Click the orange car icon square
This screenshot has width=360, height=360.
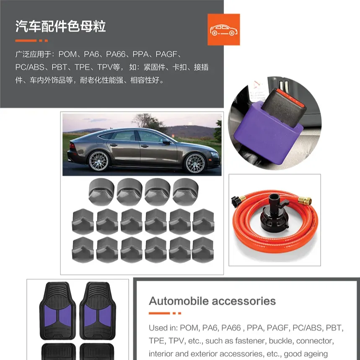pyautogui.click(x=224, y=29)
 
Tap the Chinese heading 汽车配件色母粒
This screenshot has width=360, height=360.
pyautogui.click(x=61, y=26)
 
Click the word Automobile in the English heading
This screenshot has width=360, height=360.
pyautogui.click(x=179, y=301)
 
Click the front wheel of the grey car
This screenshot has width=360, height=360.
pyautogui.click(x=195, y=163)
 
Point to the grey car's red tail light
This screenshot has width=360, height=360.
pyautogui.click(x=72, y=146)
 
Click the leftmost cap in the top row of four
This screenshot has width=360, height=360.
pyautogui.click(x=101, y=192)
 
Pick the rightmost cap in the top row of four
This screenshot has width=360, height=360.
pyautogui.click(x=186, y=192)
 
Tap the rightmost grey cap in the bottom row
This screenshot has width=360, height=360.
pyautogui.click(x=203, y=250)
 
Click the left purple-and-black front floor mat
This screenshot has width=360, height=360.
pyautogui.click(x=58, y=311)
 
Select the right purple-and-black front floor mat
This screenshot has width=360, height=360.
pyautogui.click(x=98, y=311)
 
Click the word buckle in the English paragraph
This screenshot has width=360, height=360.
pyautogui.click(x=281, y=341)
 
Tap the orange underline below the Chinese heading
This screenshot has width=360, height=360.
pyautogui.click(x=31, y=41)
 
